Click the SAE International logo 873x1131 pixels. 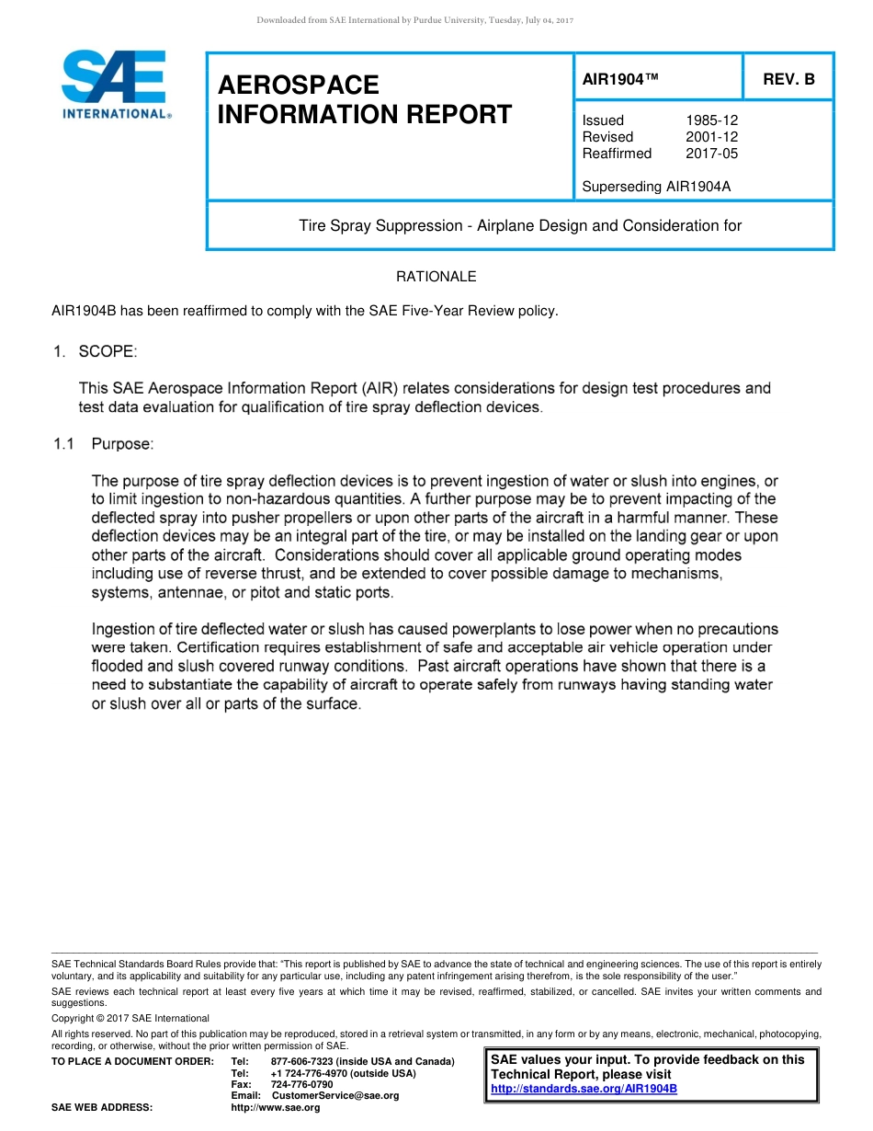(x=114, y=85)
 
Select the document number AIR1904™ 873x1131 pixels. (x=620, y=79)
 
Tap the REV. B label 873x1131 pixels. (x=788, y=79)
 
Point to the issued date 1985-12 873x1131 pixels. (x=711, y=120)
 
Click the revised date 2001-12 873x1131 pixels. (x=711, y=137)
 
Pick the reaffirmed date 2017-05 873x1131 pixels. (x=711, y=154)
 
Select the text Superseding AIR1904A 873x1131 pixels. (x=656, y=187)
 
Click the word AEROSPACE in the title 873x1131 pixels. (x=299, y=86)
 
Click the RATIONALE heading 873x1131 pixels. (x=436, y=277)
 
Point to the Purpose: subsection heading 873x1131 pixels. (x=122, y=444)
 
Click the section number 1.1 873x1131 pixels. (x=62, y=444)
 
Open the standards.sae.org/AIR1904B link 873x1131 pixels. (x=584, y=1089)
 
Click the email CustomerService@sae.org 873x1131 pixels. (x=335, y=1095)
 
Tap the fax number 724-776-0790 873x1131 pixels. (x=302, y=1084)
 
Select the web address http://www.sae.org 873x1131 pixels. (x=276, y=1107)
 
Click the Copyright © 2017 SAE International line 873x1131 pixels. (x=130, y=1018)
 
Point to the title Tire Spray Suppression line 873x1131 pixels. (x=520, y=225)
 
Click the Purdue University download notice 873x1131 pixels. (x=414, y=20)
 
